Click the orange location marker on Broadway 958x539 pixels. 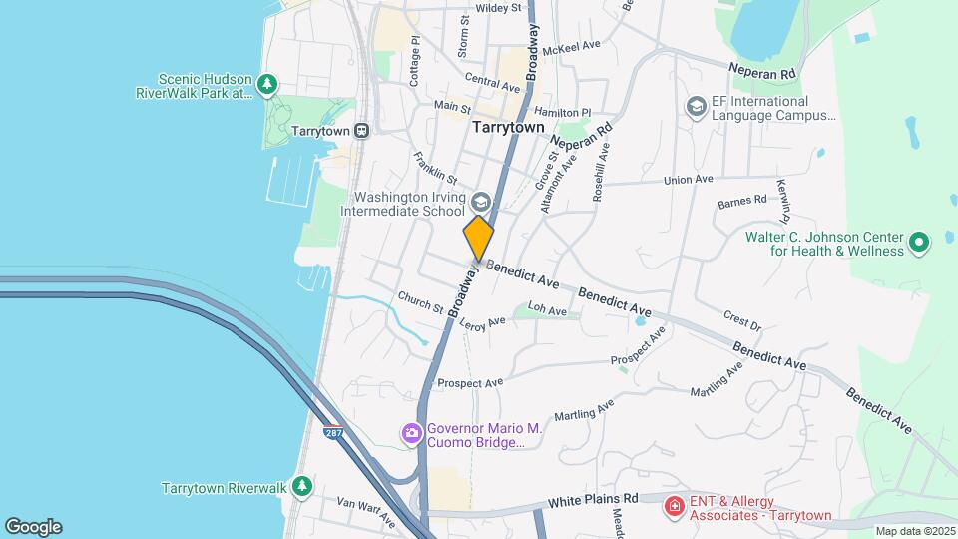click(479, 237)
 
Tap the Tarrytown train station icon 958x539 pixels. click(361, 130)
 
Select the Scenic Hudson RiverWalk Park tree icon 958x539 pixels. click(266, 85)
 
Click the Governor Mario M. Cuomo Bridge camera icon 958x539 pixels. click(410, 433)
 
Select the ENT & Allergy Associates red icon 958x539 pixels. click(675, 507)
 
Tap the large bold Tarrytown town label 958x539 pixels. click(508, 128)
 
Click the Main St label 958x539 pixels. click(452, 106)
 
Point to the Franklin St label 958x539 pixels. click(435, 170)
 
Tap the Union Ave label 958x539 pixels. click(689, 180)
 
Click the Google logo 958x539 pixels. click(33, 527)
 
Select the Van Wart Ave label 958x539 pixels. click(366, 512)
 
